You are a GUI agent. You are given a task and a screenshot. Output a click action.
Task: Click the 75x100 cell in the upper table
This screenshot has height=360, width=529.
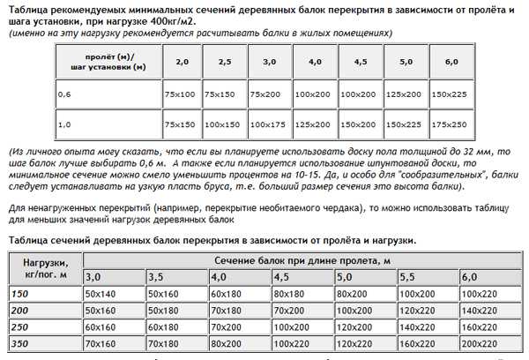point(182,94)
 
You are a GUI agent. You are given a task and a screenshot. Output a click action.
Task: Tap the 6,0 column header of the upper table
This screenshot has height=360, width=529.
point(452,63)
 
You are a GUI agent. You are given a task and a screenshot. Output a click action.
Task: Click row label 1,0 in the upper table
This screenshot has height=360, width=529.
point(64,125)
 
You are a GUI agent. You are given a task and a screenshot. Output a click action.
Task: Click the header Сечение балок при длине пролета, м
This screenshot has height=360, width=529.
point(302,260)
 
